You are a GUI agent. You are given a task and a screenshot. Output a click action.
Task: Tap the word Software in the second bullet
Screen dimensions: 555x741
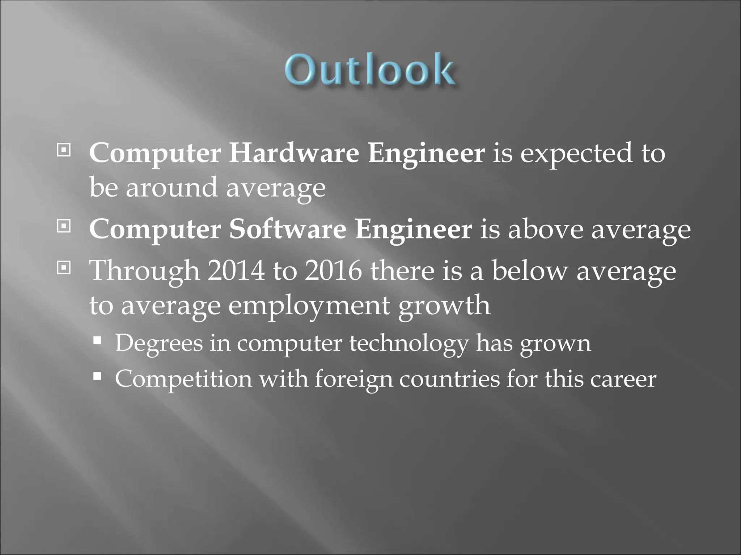(288, 229)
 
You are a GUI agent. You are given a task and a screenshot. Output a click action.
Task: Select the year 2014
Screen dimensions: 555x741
(236, 271)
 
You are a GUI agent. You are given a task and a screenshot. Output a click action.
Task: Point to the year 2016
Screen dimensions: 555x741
(333, 271)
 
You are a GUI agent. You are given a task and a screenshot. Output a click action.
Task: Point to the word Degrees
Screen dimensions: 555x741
(159, 343)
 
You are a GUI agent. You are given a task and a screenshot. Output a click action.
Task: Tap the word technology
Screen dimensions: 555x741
(408, 343)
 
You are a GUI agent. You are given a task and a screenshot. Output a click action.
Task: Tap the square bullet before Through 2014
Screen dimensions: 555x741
(64, 268)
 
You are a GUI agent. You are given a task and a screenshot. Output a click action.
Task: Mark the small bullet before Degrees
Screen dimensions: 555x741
(97, 341)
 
